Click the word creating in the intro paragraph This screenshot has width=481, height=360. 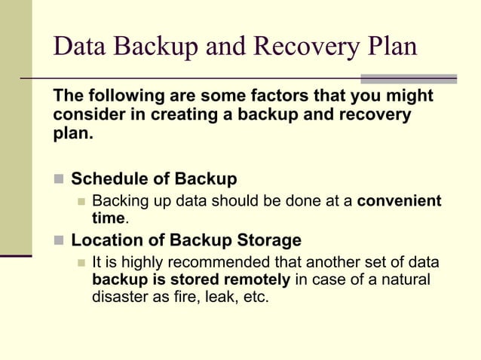192,115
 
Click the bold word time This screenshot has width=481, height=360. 108,218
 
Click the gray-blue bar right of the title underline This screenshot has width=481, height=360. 408,78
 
